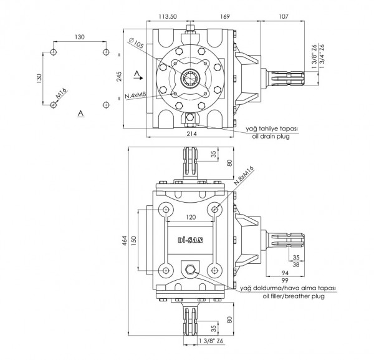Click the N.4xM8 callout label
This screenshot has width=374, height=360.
click(x=135, y=95)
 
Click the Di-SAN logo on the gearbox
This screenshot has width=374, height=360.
click(x=189, y=240)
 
